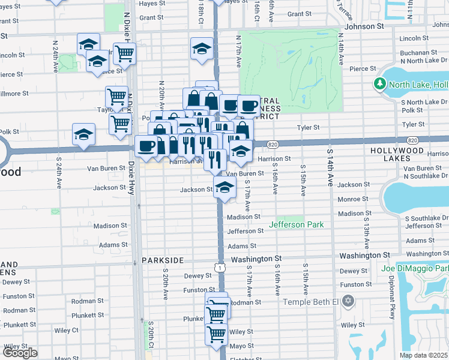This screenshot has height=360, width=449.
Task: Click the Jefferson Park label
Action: click(x=297, y=224)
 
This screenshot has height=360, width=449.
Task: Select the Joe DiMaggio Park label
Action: click(x=415, y=268)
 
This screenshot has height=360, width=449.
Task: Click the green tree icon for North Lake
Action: click(x=379, y=84)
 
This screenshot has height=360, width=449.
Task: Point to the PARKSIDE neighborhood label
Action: click(x=161, y=260)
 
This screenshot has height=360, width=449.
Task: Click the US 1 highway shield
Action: click(x=221, y=266)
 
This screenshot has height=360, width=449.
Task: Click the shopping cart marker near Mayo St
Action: click(x=215, y=334)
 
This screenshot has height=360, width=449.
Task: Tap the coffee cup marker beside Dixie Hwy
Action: click(x=146, y=146)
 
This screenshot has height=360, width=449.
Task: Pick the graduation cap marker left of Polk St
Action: click(x=83, y=134)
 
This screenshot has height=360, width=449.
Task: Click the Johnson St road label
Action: click(x=364, y=26)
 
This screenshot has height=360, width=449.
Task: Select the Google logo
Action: click(x=20, y=353)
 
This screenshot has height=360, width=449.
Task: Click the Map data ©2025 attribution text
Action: click(x=424, y=355)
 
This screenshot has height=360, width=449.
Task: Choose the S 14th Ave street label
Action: click(x=330, y=174)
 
